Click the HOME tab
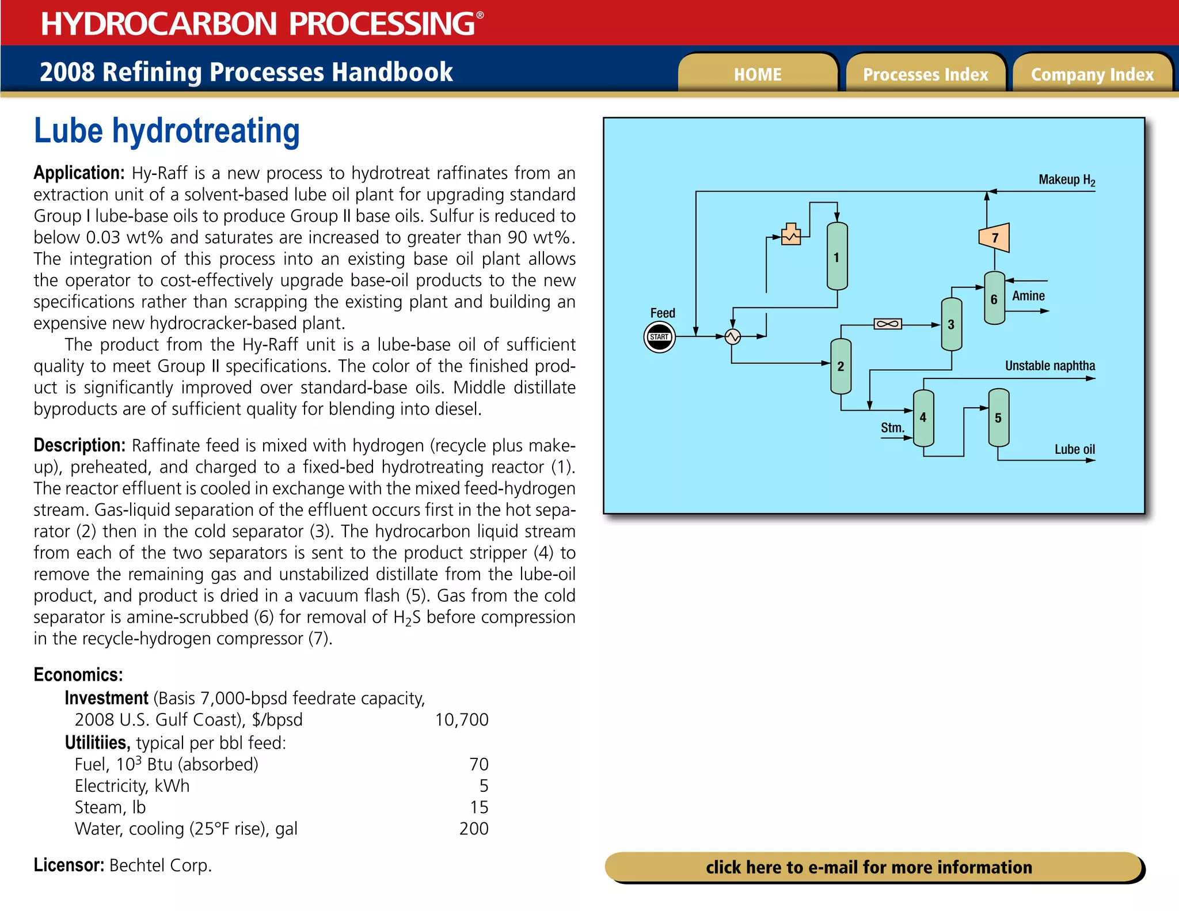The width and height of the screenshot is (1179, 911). pos(758,74)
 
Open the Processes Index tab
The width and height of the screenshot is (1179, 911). pos(925,74)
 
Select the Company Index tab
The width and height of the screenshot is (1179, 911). pos(1092,74)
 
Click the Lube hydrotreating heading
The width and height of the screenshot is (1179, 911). pos(167,131)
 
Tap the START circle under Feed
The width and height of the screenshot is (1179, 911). pos(659,337)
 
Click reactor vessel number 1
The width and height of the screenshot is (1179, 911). pos(837,257)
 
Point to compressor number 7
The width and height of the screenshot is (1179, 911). pos(994,237)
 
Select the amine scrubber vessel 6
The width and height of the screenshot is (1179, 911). pos(994,298)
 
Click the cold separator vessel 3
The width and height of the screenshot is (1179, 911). pos(951,324)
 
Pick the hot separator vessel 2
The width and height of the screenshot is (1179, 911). pos(840,366)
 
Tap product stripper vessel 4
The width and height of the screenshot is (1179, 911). pos(923,417)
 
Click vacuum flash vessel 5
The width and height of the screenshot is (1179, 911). pos(998,417)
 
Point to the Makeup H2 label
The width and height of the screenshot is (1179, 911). pos(1066,180)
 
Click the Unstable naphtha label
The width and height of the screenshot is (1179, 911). pos(1049,366)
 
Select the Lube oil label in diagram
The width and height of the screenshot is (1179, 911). pos(1074,449)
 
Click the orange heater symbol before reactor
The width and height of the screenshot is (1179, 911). pos(791,235)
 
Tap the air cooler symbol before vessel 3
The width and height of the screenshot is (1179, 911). pos(887,324)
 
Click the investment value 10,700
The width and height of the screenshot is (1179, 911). pos(462,720)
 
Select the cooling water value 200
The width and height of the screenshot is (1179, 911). pos(474,829)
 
